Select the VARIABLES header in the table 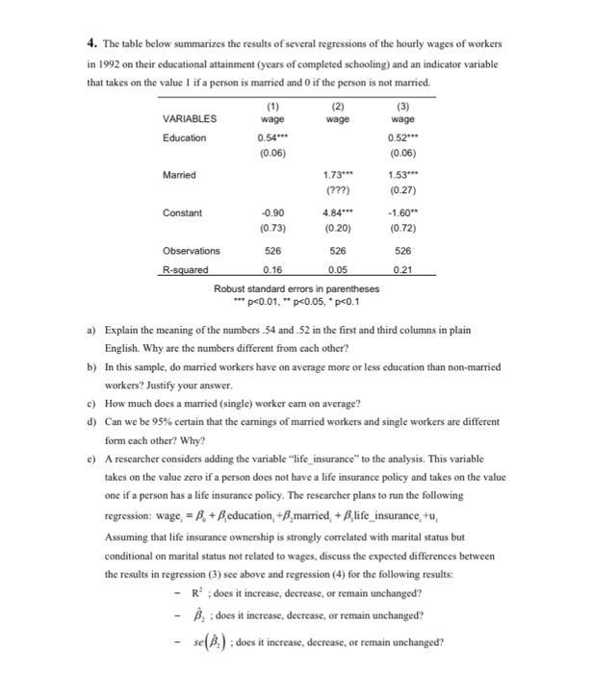point(190,120)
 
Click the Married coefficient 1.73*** point(337,175)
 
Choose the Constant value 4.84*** point(337,213)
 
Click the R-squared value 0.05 point(337,270)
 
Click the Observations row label point(191,251)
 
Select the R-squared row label point(184,270)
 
